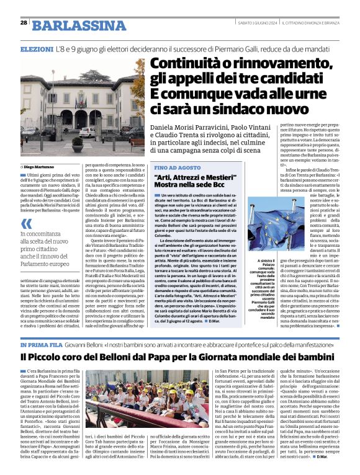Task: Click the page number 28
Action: pyautogui.click(x=24, y=22)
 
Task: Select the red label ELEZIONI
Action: pyautogui.click(x=37, y=48)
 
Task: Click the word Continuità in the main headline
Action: pyautogui.click(x=189, y=64)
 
